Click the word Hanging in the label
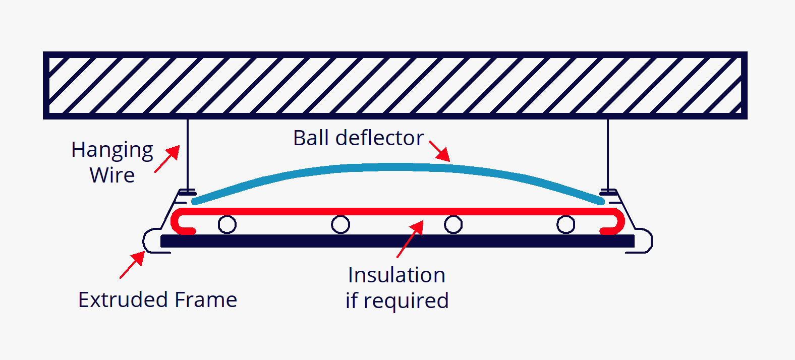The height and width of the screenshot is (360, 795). point(112,150)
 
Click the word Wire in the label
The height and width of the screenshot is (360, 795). point(112,175)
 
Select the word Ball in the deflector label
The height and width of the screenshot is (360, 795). point(311,138)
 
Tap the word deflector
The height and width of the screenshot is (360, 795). point(379,138)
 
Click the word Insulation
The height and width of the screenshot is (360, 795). point(396,275)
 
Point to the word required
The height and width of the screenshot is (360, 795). point(406,301)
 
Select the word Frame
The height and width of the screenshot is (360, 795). point(206,299)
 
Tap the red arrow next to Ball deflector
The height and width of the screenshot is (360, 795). point(439,151)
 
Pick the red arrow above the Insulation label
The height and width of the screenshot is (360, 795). point(410,239)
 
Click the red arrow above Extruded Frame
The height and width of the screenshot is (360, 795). point(132,265)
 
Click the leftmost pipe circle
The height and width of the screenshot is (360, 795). point(227,224)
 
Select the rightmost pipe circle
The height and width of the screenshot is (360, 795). point(565,224)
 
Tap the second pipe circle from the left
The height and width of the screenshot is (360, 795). point(340,224)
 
